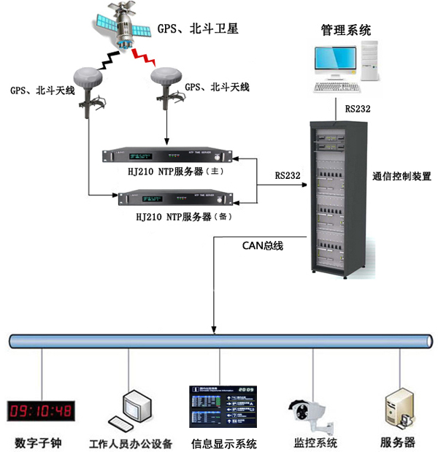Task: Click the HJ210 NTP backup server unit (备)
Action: point(173,196)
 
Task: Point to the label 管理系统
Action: point(346,30)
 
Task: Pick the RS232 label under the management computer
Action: point(358,109)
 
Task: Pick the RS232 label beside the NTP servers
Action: point(288,175)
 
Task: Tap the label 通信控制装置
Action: point(401,176)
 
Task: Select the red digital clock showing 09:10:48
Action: point(39,410)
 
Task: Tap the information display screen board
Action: point(223,406)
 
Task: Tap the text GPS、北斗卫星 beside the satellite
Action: point(197,30)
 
